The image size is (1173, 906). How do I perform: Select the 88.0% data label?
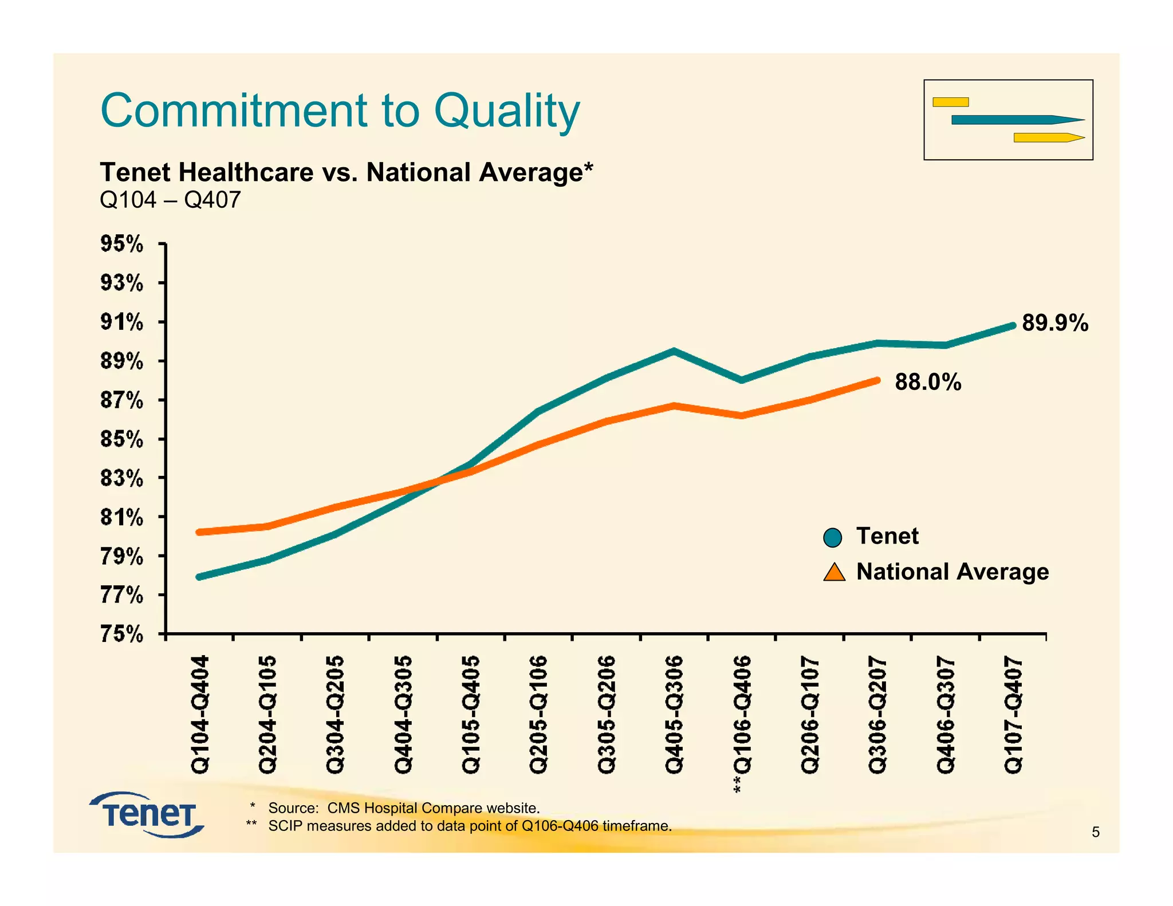(x=928, y=382)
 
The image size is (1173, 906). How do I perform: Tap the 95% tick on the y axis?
(x=122, y=244)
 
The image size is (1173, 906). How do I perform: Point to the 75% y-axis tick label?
(x=122, y=635)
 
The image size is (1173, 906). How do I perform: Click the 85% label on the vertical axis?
(x=122, y=439)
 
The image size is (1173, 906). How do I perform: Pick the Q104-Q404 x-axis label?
(x=200, y=715)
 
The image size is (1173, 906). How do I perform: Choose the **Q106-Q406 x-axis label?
(x=742, y=724)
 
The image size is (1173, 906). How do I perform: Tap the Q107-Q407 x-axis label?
(x=1013, y=715)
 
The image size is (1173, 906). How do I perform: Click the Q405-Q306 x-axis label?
(x=674, y=715)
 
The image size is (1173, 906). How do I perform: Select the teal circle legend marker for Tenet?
(x=833, y=538)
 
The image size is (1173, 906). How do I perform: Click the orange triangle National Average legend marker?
(x=834, y=573)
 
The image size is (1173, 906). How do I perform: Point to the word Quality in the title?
(x=507, y=111)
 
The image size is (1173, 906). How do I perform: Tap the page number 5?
(x=1095, y=832)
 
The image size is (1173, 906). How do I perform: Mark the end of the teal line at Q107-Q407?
(x=1012, y=325)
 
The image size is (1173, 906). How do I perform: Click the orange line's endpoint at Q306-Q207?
(x=877, y=380)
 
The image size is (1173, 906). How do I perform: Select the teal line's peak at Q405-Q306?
(x=674, y=351)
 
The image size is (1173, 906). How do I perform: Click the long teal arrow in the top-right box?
(x=1017, y=120)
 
